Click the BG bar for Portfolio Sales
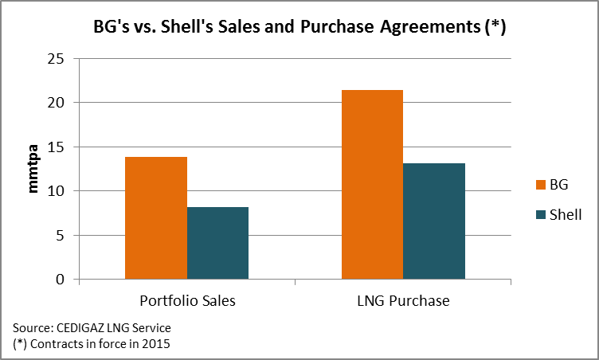point(156,218)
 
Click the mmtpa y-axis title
point(33,169)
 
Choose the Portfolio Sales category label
point(187,302)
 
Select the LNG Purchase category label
point(403,302)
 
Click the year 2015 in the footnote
point(156,343)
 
